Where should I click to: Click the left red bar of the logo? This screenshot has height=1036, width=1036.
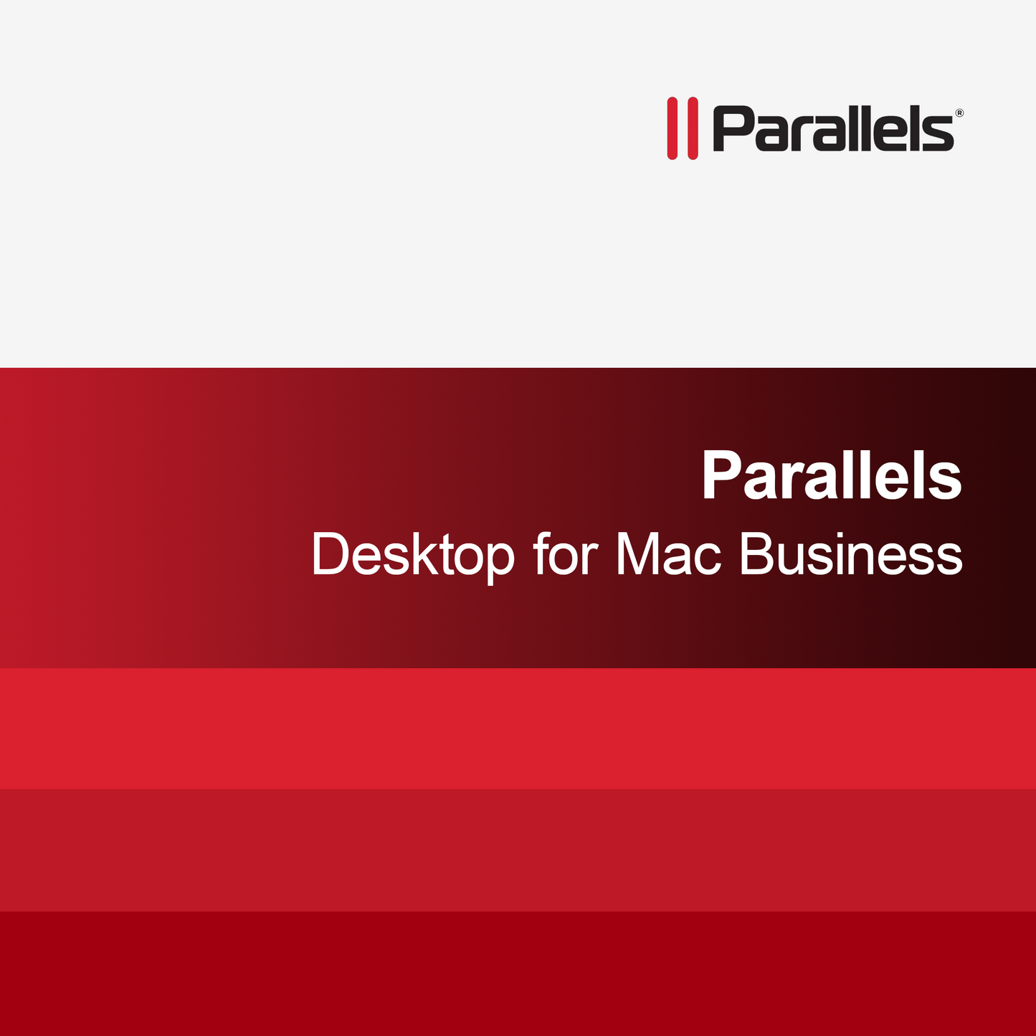point(673,128)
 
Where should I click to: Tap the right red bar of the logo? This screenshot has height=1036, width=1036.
point(693,128)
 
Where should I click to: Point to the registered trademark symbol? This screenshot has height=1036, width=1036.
point(959,113)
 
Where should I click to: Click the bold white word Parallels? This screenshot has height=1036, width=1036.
point(832,475)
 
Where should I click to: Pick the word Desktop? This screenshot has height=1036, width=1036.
point(413,554)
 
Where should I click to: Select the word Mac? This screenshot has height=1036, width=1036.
point(668,554)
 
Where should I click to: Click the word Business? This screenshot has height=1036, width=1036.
point(850,554)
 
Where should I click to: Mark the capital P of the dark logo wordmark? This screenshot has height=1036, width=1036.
point(732,130)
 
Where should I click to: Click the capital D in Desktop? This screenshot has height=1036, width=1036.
point(331,554)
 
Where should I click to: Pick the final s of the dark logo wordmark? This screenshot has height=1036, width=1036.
point(940,135)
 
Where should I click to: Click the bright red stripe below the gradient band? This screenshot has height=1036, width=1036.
point(518,728)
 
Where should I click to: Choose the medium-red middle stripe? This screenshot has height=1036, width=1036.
point(518,850)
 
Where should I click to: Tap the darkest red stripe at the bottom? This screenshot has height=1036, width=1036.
point(518,974)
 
